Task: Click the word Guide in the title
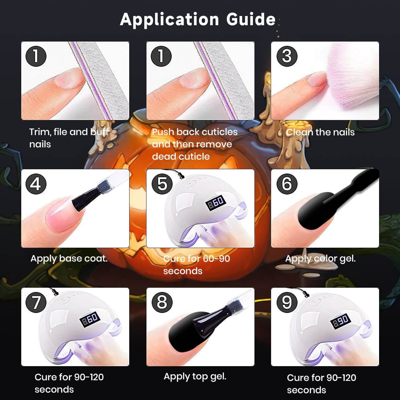pyautogui.click(x=251, y=19)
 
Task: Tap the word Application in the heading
pyautogui.click(x=169, y=20)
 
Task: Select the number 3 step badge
pyautogui.click(x=287, y=56)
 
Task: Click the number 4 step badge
pyautogui.click(x=36, y=184)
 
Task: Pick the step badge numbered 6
pyautogui.click(x=287, y=184)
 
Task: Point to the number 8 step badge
pyautogui.click(x=162, y=302)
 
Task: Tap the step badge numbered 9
pyautogui.click(x=287, y=302)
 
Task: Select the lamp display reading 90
pyautogui.click(x=340, y=321)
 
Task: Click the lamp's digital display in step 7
pyautogui.click(x=90, y=319)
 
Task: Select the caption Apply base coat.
pyautogui.click(x=69, y=259)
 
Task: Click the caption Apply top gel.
pyautogui.click(x=195, y=377)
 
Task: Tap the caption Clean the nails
pyautogui.click(x=320, y=132)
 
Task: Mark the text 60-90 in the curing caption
pyautogui.click(x=216, y=259)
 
